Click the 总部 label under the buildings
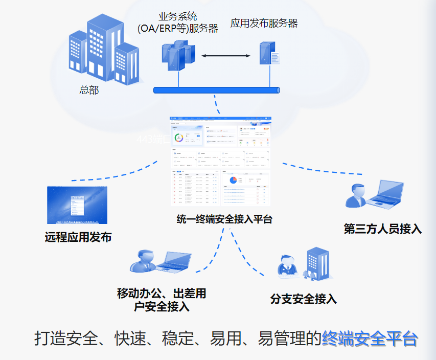point(89,91)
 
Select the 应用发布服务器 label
point(264,23)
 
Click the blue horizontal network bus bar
point(217,90)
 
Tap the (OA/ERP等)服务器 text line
point(178,29)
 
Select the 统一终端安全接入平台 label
point(224,219)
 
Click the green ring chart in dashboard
point(179,138)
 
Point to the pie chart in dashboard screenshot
point(233,180)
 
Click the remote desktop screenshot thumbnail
point(77,205)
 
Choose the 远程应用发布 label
point(78,237)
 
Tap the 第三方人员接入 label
point(382,229)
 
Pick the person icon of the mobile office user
point(143,261)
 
